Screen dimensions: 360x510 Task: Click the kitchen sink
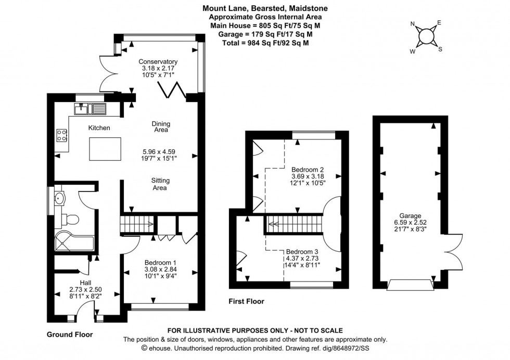point(89,109)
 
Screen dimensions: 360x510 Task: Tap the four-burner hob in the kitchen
point(62,135)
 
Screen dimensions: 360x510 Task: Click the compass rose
point(426,36)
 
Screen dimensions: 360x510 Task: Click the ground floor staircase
point(137,225)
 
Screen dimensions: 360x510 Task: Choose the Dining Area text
point(161,127)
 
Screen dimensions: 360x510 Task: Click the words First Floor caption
point(246,301)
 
